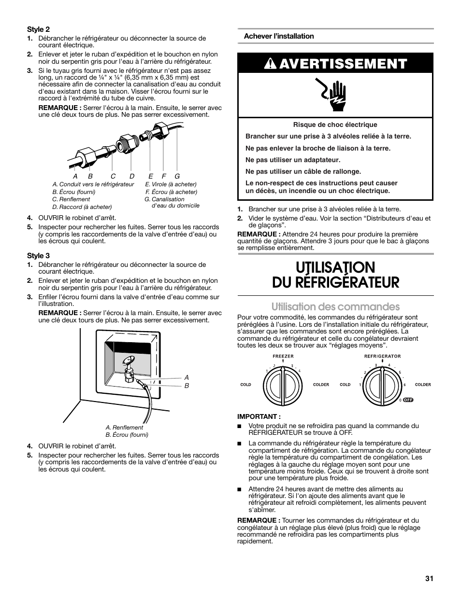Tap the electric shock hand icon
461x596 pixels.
(336, 95)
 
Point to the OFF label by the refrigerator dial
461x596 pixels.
(408, 400)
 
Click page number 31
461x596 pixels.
(429, 578)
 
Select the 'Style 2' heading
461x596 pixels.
(38, 29)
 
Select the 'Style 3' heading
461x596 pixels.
(38, 255)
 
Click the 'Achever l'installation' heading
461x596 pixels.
(279, 36)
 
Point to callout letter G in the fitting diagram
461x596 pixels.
(177, 177)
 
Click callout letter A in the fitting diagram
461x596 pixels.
(75, 177)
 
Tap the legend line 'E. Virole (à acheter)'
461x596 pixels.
(171, 184)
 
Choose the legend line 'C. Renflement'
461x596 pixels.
(71, 199)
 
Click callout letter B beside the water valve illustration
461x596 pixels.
(187, 386)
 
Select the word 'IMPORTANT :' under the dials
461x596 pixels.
(259, 416)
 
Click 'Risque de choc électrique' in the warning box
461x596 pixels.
(335, 125)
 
